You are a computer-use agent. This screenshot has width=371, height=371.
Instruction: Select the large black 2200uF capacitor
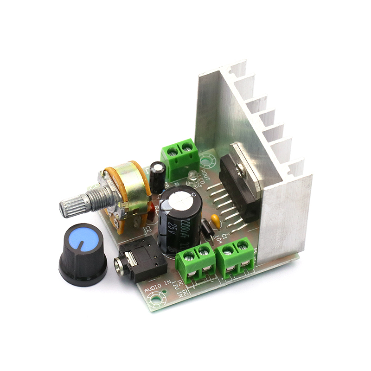click(179, 218)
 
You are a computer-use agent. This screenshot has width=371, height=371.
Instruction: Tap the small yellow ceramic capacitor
click(215, 219)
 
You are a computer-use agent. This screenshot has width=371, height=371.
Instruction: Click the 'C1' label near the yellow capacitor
click(224, 236)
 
